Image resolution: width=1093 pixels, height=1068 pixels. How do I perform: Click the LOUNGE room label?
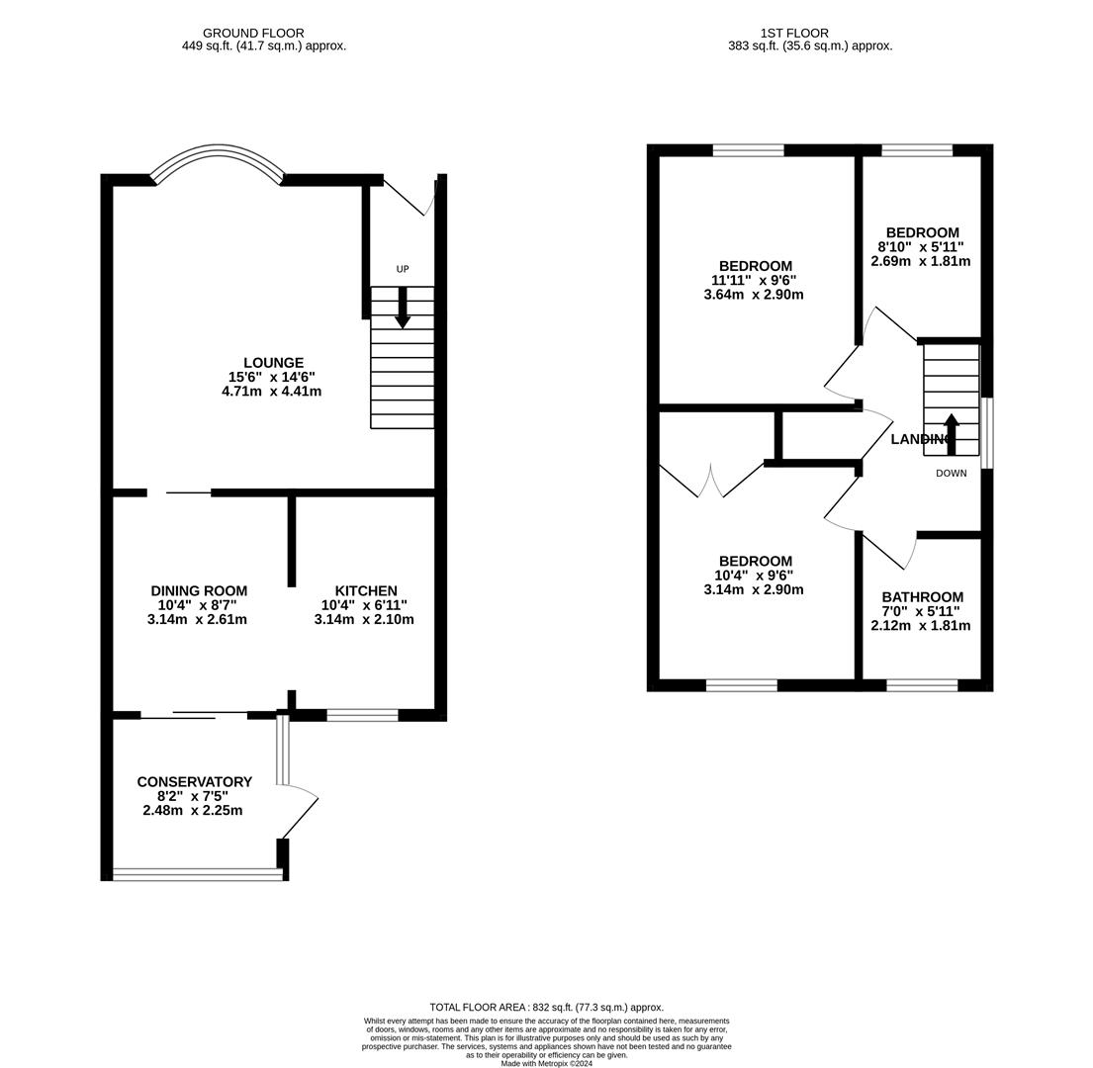273,363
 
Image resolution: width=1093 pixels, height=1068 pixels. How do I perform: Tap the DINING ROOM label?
199,591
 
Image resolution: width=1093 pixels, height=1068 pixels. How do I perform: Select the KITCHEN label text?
365,591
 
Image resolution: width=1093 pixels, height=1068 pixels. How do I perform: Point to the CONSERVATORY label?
194,782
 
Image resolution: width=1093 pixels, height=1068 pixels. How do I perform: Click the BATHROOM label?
922,597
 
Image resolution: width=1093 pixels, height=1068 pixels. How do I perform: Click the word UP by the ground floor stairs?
403,269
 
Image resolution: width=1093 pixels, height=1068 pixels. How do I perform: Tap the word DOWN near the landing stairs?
951,474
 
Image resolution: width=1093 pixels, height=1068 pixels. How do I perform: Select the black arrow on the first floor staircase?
951,433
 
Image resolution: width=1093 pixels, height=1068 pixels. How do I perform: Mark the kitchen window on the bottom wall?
362,715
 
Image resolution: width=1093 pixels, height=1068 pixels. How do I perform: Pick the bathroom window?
922,685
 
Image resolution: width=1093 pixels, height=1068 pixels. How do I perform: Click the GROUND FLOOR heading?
253,34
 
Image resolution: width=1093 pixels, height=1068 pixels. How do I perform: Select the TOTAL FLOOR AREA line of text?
546,1007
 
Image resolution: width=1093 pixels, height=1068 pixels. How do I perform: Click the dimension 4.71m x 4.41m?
271,392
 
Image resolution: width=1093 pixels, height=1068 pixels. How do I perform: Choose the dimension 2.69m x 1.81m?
920,262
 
